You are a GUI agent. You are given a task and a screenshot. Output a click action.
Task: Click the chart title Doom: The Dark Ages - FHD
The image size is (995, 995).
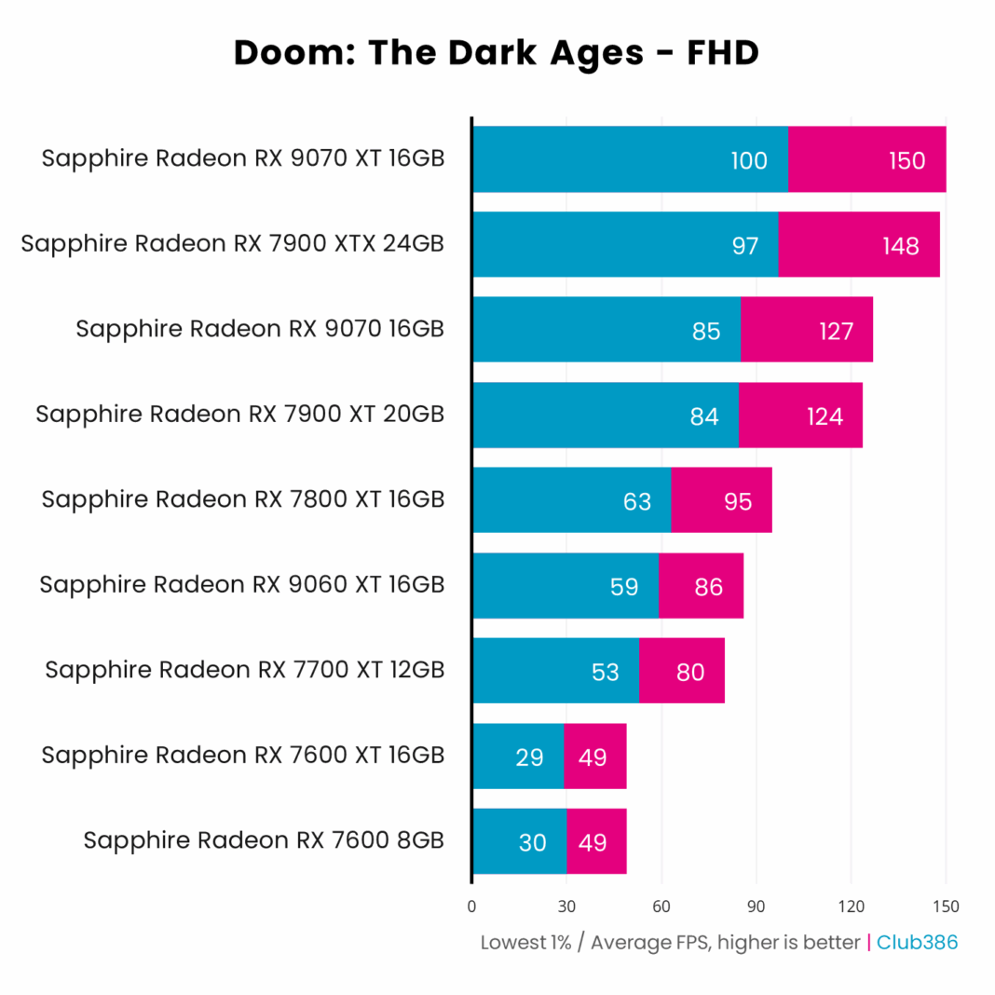tap(497, 53)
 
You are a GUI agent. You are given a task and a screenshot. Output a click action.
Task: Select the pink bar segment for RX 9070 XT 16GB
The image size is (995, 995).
tap(866, 160)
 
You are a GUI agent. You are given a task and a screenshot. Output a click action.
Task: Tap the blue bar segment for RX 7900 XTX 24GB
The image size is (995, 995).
tap(625, 245)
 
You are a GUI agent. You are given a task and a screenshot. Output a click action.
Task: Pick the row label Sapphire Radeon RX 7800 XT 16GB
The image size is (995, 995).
tap(242, 499)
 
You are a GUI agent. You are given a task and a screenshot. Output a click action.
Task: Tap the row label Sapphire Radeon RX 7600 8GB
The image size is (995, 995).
tap(263, 840)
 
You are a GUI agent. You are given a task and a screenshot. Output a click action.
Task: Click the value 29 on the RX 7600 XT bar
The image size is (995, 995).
tap(529, 757)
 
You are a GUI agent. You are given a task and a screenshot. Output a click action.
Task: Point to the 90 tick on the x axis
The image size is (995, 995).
tap(756, 906)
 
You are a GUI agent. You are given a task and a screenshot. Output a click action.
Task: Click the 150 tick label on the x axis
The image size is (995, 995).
tap(945, 906)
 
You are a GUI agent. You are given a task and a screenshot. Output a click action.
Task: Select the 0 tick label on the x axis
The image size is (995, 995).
tap(471, 906)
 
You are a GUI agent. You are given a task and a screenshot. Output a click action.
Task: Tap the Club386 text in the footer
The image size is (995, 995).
tap(917, 942)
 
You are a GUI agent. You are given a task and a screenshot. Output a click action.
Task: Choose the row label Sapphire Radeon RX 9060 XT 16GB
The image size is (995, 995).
tap(241, 585)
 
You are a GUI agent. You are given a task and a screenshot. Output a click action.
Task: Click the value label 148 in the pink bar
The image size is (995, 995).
tap(899, 246)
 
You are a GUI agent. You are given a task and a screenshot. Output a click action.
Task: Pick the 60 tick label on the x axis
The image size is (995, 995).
tap(661, 906)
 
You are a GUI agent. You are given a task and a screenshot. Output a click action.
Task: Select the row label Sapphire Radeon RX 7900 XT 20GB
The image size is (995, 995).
tap(239, 415)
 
